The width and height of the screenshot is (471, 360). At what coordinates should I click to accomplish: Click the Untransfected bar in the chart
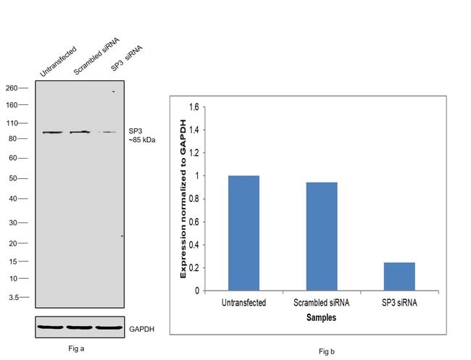(x=243, y=233)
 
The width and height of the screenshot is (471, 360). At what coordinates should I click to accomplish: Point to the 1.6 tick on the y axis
(x=192, y=107)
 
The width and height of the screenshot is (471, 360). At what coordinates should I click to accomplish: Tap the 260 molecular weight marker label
(x=12, y=88)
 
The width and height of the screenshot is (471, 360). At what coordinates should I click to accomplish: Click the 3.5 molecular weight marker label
(x=13, y=297)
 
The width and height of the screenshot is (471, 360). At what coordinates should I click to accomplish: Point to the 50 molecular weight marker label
(x=14, y=178)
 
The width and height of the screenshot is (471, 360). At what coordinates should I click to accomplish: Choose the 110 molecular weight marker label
(x=12, y=124)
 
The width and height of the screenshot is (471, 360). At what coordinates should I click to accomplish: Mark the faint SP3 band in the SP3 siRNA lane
(x=108, y=132)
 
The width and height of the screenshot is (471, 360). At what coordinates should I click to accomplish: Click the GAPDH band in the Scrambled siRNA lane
(x=80, y=327)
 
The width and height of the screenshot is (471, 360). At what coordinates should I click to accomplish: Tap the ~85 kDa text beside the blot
(x=142, y=140)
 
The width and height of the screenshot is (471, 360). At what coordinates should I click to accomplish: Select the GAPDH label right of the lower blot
(x=142, y=329)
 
